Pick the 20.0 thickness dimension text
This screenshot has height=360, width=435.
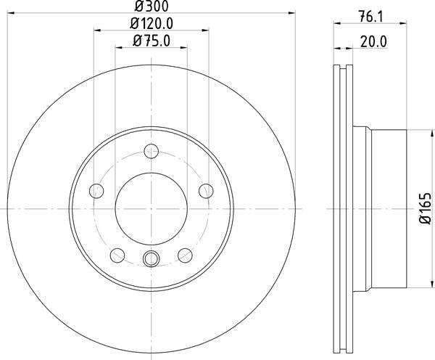(x=374, y=41)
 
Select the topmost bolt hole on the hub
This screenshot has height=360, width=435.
(x=152, y=152)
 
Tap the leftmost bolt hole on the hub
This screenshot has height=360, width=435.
(x=96, y=191)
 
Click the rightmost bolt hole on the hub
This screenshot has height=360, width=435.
(x=206, y=191)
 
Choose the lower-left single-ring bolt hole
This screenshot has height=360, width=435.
(x=117, y=255)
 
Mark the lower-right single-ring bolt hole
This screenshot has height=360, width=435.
(x=186, y=255)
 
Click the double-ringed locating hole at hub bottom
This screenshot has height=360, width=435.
(x=152, y=258)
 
